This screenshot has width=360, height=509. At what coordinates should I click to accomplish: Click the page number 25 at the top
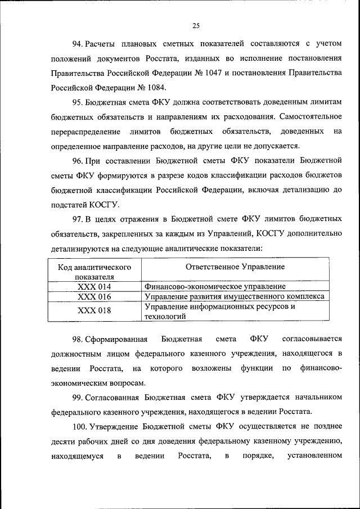click(x=196, y=25)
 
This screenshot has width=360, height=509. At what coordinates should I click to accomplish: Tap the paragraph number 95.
click(x=77, y=102)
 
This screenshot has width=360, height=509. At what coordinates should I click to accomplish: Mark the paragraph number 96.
click(x=77, y=160)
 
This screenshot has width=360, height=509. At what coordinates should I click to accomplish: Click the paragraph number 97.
click(x=77, y=219)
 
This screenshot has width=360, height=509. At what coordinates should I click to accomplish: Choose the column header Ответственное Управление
click(x=235, y=267)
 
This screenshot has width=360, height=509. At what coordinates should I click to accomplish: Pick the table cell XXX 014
click(x=94, y=286)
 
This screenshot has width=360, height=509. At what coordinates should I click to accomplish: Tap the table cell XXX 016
click(x=94, y=296)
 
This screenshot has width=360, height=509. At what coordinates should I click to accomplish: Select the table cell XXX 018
click(x=94, y=311)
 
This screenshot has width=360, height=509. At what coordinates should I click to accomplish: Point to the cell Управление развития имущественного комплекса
click(x=235, y=296)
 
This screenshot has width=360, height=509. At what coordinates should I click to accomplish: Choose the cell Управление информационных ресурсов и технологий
click(x=219, y=312)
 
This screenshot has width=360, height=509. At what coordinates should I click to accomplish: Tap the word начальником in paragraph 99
click(x=316, y=397)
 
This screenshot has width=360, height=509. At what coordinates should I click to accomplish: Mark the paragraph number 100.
click(x=79, y=426)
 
